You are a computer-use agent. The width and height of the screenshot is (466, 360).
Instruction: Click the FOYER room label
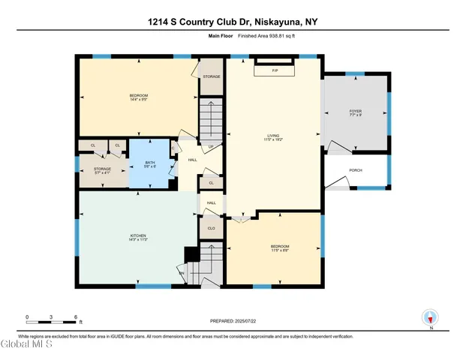pyautogui.click(x=356, y=110)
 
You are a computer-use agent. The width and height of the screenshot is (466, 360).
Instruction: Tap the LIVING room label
pyautogui.click(x=272, y=135)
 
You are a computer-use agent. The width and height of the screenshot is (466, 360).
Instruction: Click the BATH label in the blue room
pyautogui.click(x=149, y=163)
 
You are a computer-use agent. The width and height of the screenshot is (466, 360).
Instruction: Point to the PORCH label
pyautogui.click(x=356, y=170)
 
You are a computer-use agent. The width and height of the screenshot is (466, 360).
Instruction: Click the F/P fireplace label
pyautogui.click(x=275, y=70)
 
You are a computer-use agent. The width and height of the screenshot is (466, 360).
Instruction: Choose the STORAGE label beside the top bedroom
pyautogui.click(x=212, y=76)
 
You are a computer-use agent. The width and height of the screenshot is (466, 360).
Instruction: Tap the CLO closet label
pyautogui.click(x=212, y=228)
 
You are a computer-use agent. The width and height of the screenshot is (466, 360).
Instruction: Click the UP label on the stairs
pyautogui.click(x=211, y=146)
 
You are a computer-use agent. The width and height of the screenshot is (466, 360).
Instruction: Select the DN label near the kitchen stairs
pyautogui.click(x=181, y=272)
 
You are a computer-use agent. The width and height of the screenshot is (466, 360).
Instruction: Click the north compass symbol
pyautogui.click(x=430, y=318)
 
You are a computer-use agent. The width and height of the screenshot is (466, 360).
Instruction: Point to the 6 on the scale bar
pyautogui.click(x=76, y=316)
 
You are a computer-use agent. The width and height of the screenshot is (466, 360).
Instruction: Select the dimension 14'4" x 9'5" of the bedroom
pyautogui.click(x=139, y=99)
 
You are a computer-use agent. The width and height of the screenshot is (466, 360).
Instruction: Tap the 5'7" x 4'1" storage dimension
pyautogui.click(x=102, y=173)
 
